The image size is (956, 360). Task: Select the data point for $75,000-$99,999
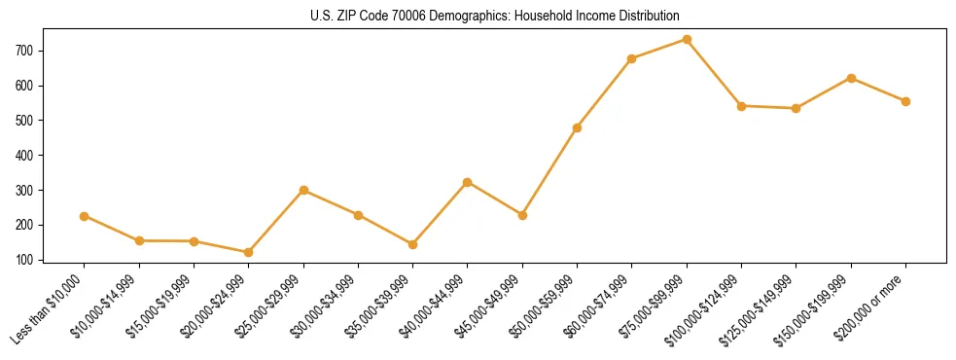click(687, 39)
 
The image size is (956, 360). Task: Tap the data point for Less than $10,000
click(85, 216)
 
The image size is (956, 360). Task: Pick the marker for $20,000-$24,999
click(249, 252)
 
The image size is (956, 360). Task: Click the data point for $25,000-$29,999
click(303, 190)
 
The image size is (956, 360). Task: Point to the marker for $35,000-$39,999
click(413, 244)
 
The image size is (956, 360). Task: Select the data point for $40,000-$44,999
click(468, 182)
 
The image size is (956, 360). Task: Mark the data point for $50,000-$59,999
click(578, 127)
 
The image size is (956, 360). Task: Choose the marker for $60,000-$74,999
click(632, 58)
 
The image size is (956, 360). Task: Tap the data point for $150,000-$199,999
click(851, 78)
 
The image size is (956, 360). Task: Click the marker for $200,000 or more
click(905, 101)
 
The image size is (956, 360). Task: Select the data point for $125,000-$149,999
click(796, 108)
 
